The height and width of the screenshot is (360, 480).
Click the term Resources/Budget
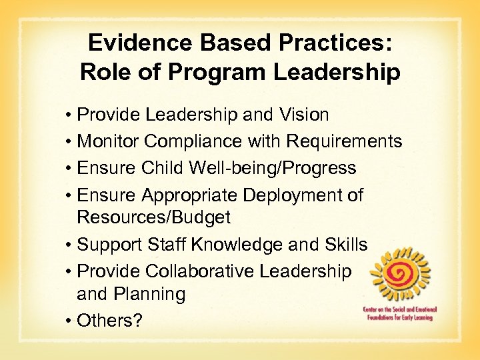pyautogui.click(x=153, y=217)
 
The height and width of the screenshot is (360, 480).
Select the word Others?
pyautogui.click(x=110, y=320)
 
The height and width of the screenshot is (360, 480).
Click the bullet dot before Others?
pyautogui.click(x=69, y=321)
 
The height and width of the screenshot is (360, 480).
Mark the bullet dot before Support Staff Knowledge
pyautogui.click(x=69, y=245)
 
